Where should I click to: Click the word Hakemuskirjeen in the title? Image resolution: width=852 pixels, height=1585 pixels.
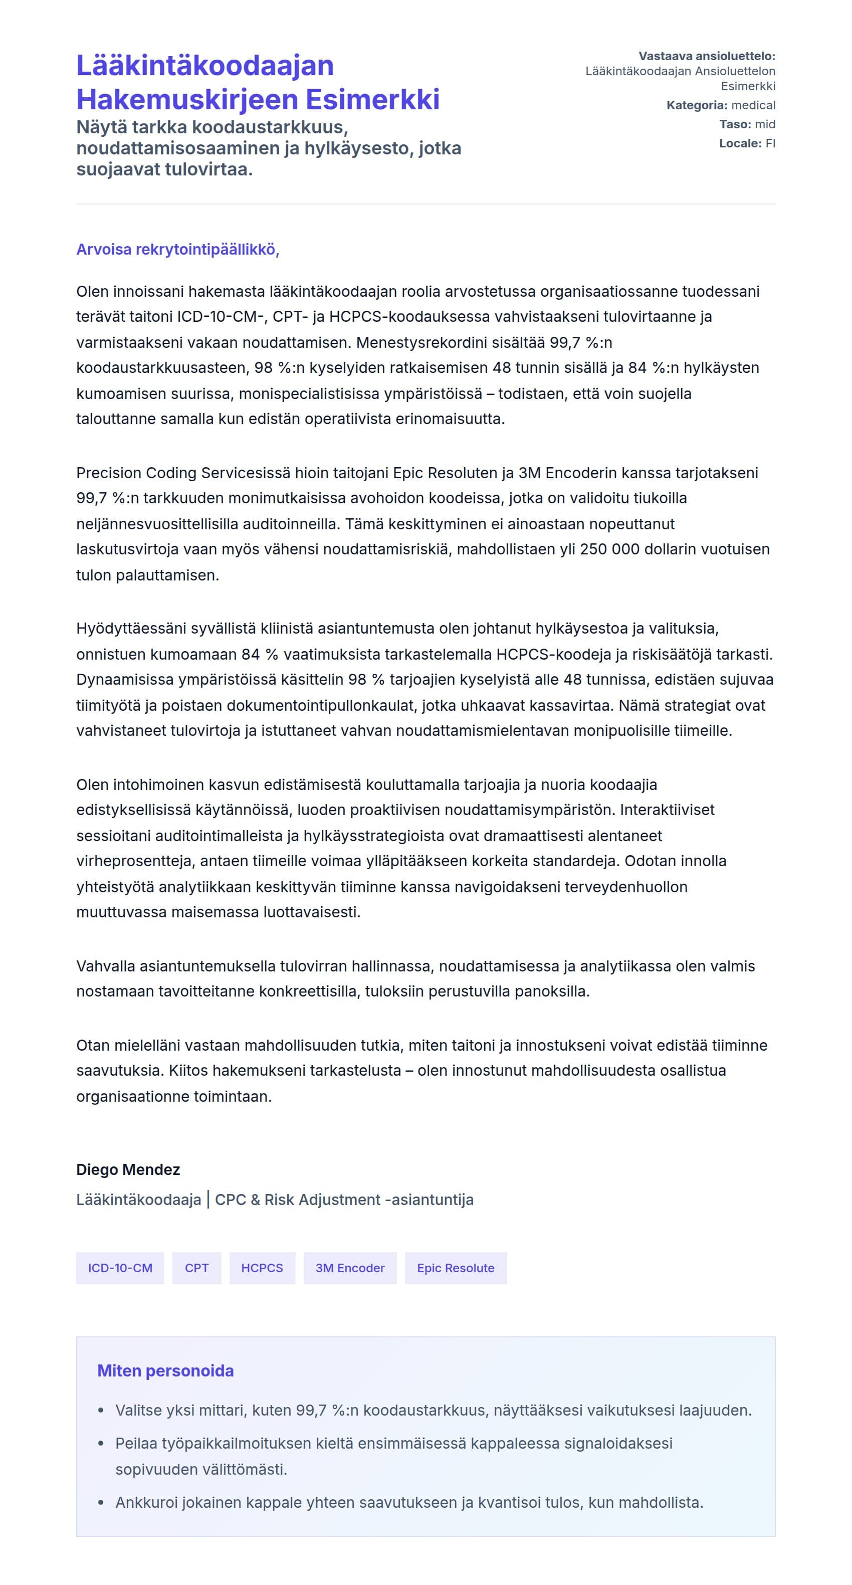pyautogui.click(x=187, y=100)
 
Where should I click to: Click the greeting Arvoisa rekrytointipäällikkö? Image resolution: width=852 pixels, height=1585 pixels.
pyautogui.click(x=177, y=249)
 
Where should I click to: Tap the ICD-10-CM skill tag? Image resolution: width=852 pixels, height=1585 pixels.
pyautogui.click(x=120, y=1268)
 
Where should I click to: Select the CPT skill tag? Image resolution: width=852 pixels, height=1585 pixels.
pyautogui.click(x=197, y=1268)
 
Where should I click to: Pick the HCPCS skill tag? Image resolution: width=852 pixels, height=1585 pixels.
pyautogui.click(x=262, y=1268)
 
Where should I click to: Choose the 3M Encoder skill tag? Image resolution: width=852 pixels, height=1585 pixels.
pyautogui.click(x=350, y=1268)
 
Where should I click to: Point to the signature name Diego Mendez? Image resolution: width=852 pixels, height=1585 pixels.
pyautogui.click(x=128, y=1169)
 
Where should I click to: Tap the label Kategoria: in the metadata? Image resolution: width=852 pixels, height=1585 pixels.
pyautogui.click(x=696, y=105)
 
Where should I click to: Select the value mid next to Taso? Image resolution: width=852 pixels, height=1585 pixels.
pyautogui.click(x=765, y=124)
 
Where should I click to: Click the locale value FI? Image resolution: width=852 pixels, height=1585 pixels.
pyautogui.click(x=770, y=143)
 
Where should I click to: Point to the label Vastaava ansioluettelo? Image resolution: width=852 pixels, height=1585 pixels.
pyautogui.click(x=706, y=56)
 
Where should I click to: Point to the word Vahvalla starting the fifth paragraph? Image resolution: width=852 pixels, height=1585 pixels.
pyautogui.click(x=105, y=966)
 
